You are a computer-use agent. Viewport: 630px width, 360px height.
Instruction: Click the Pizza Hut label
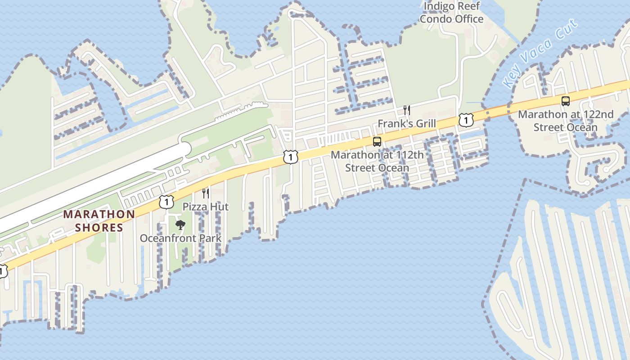[206, 207]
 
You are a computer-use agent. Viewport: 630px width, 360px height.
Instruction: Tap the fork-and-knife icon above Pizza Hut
[206, 193]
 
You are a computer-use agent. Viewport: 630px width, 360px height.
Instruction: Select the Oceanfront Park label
[180, 238]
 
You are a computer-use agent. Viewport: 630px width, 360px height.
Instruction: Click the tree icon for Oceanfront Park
[180, 225]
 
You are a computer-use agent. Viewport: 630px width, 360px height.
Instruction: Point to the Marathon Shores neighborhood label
[99, 220]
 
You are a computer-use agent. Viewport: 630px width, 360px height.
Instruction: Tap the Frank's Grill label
[407, 123]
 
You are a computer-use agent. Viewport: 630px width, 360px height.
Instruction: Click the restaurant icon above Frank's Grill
[407, 110]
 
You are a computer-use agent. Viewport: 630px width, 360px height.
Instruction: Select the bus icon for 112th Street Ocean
[377, 142]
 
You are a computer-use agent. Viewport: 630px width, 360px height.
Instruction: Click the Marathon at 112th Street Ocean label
[377, 162]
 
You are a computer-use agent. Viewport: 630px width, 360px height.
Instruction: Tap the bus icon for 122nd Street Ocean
[566, 101]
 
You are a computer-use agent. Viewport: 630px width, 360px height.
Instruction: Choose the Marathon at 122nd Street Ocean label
[566, 121]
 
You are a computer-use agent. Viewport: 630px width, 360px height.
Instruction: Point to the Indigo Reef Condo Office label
[451, 13]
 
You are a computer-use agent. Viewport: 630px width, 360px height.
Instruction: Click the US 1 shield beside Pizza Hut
[166, 202]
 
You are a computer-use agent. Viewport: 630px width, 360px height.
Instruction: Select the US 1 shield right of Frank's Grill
[466, 120]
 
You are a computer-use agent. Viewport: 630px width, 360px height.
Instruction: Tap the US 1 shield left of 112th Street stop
[291, 157]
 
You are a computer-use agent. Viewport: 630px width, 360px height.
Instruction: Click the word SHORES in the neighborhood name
[99, 227]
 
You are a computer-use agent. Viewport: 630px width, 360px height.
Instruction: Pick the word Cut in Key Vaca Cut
[566, 30]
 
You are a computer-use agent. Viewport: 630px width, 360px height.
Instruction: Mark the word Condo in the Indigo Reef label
[436, 19]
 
